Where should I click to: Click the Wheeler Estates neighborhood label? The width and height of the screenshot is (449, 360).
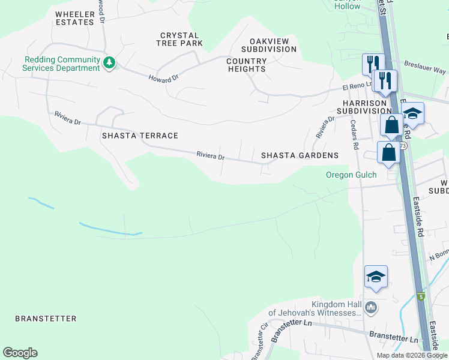click(x=74, y=18)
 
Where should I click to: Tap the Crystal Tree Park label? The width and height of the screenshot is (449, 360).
click(x=179, y=40)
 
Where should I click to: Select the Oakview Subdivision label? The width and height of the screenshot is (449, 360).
click(x=268, y=44)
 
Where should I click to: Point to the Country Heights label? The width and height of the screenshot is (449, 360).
click(x=247, y=65)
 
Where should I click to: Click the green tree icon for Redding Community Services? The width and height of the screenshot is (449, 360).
click(x=109, y=62)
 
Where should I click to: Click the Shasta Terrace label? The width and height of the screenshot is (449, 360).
click(x=140, y=136)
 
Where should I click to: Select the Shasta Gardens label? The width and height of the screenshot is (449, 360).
click(x=300, y=155)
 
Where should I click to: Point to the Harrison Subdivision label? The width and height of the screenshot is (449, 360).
click(x=364, y=106)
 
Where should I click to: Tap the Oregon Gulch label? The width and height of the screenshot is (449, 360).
click(x=351, y=175)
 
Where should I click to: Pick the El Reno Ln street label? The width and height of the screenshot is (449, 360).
click(x=355, y=87)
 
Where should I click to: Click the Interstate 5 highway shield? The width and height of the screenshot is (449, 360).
click(x=421, y=296)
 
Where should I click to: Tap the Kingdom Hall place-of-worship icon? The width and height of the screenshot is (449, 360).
click(x=371, y=308)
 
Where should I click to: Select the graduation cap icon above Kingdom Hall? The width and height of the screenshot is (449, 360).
click(x=376, y=277)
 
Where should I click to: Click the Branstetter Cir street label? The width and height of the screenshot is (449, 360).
click(x=259, y=342)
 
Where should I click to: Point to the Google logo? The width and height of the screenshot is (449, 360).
click(x=20, y=353)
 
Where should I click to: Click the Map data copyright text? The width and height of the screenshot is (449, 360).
click(x=412, y=355)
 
